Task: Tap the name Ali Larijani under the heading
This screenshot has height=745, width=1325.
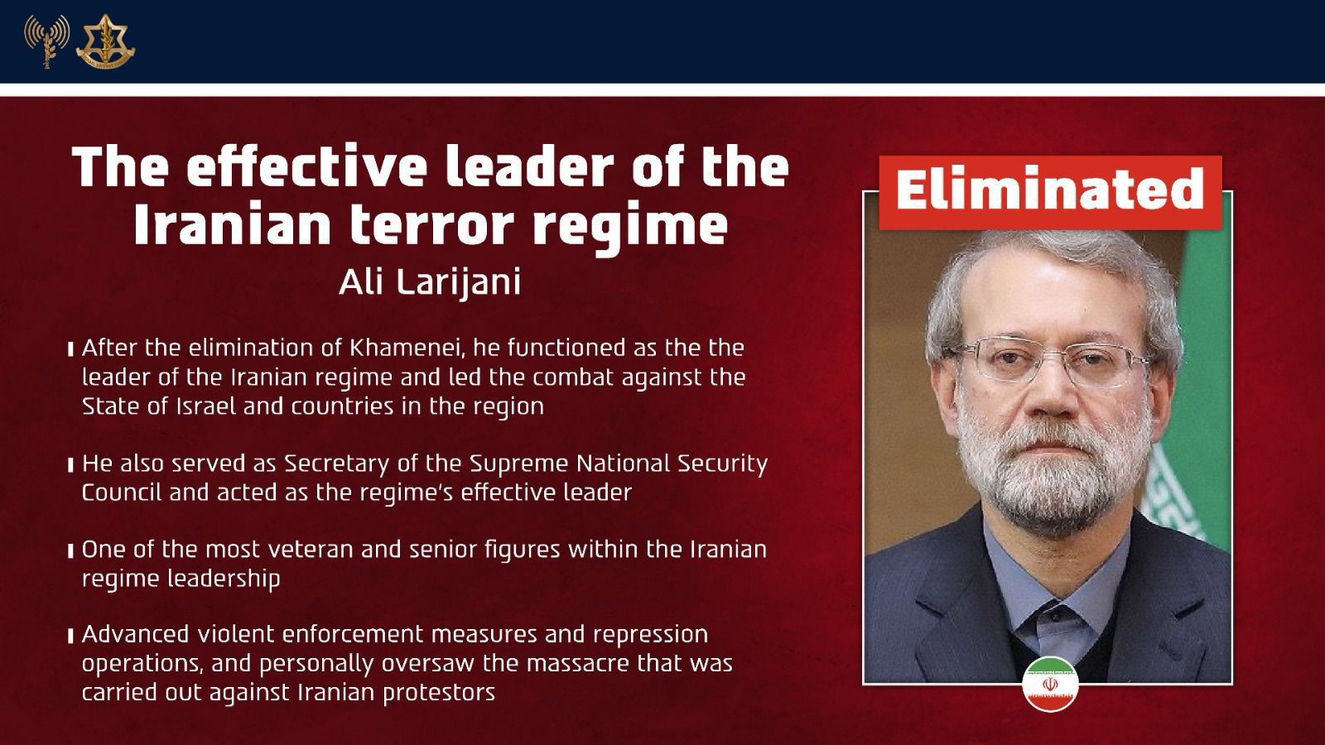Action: click(x=430, y=282)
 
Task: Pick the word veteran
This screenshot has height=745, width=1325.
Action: click(x=306, y=550)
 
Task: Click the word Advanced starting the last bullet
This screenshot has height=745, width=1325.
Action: click(x=137, y=635)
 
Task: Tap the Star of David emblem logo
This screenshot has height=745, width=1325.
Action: click(x=105, y=41)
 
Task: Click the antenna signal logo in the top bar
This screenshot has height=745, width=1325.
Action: click(x=46, y=40)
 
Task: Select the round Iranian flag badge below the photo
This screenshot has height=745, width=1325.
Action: click(x=1050, y=684)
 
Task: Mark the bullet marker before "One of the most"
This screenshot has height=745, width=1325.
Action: click(x=71, y=551)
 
